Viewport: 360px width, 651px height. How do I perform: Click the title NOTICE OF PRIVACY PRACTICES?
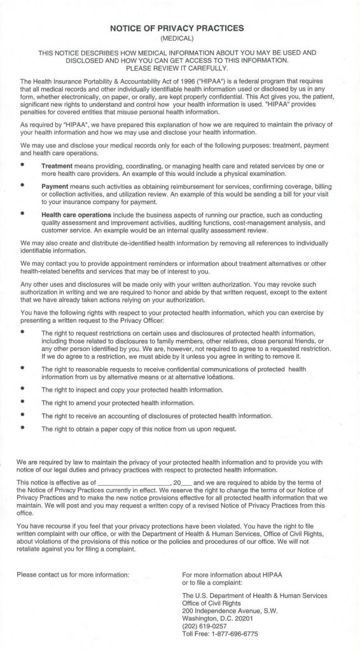[180, 29]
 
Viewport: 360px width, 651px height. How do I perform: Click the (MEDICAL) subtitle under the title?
[180, 39]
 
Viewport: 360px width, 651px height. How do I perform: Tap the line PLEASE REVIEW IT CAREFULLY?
[180, 68]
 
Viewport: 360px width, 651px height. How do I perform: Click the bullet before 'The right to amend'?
[24, 402]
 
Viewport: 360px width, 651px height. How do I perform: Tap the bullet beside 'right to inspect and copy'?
[24, 389]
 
